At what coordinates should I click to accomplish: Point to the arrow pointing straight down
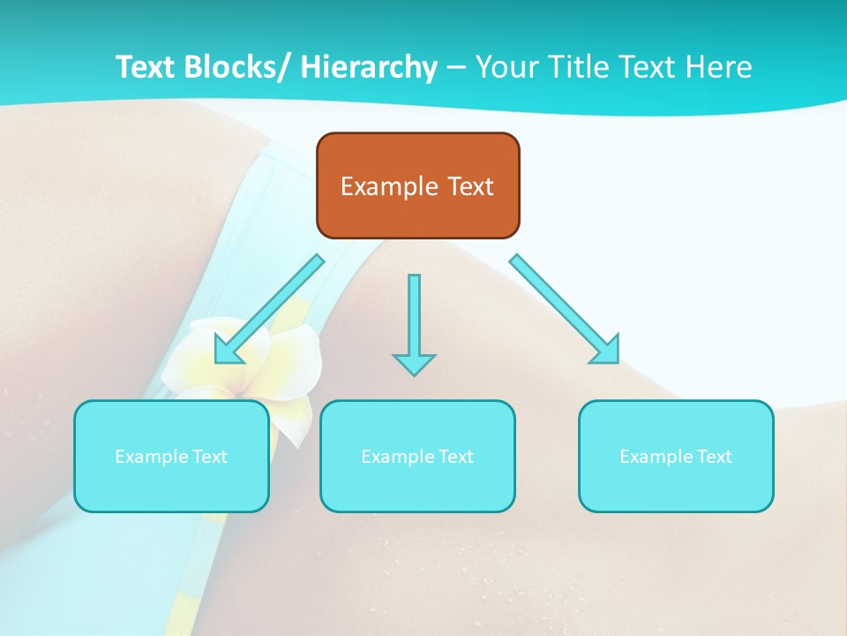click(x=414, y=318)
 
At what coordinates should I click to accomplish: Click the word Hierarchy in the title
click(x=369, y=67)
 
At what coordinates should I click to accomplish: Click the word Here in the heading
click(x=719, y=67)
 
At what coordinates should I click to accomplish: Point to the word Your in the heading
click(x=506, y=67)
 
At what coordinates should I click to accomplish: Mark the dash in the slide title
click(x=456, y=67)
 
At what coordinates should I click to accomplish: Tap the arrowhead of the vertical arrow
click(x=414, y=363)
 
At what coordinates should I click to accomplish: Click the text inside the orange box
click(x=417, y=186)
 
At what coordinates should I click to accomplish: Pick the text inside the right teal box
click(x=676, y=457)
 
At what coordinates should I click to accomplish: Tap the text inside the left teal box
click(x=171, y=457)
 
